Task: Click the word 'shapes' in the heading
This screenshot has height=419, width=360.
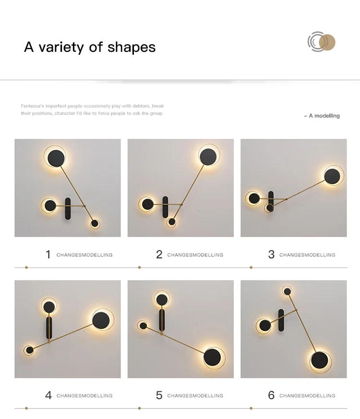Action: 132,47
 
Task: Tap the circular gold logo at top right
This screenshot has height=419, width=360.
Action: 322,42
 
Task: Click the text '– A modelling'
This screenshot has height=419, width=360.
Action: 322,116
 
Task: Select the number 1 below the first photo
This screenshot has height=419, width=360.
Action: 48,254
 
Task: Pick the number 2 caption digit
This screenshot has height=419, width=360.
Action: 159,254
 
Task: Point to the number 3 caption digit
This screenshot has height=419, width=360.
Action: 271,254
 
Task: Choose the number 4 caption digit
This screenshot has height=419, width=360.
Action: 48,395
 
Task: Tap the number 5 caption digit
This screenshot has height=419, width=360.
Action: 159,395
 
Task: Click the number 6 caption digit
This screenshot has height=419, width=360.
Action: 271,395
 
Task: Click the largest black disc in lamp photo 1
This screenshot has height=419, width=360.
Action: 56,156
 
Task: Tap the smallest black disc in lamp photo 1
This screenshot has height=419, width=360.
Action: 95,223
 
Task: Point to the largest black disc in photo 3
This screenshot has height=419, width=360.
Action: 333,176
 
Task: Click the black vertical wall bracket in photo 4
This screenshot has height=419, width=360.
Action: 49,328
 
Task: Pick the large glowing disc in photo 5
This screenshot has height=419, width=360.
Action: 213,357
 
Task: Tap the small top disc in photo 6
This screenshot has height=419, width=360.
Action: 287,291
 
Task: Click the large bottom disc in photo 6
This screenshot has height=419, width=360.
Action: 320,361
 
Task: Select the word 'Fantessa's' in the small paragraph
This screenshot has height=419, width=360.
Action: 32,106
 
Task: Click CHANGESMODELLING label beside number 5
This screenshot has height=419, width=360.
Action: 195,395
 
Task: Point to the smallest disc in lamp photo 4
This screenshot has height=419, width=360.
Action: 29,350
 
